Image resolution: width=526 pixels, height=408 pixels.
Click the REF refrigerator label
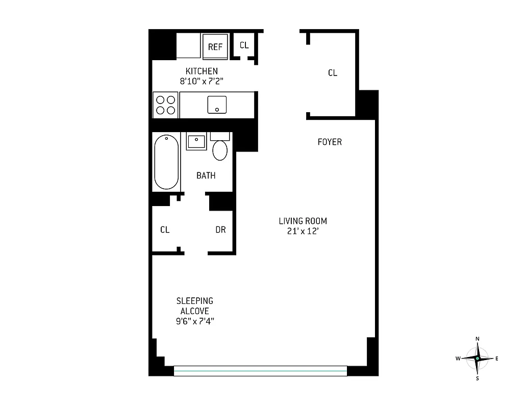click(215, 47)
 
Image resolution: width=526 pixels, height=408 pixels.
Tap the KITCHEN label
click(202, 71)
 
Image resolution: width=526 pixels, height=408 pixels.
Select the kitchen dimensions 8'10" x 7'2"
click(202, 81)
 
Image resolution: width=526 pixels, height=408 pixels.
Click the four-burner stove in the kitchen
click(165, 105)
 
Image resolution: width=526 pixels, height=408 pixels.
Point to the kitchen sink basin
click(217, 105)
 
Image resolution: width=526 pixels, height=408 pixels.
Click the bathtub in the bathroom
click(166, 161)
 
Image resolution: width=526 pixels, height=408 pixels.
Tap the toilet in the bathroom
click(220, 149)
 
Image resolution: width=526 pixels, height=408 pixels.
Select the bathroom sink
click(196, 141)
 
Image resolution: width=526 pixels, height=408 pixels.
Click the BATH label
click(206, 175)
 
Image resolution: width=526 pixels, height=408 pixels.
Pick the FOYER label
click(330, 142)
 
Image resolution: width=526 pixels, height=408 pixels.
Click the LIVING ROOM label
click(303, 221)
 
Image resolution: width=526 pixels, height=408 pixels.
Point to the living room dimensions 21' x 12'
click(303, 231)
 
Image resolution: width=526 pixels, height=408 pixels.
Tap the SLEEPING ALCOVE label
click(195, 306)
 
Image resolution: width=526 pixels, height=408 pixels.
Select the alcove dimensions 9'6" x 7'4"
click(195, 321)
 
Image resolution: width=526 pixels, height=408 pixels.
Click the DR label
click(220, 230)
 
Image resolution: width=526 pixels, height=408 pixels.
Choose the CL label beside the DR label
click(165, 230)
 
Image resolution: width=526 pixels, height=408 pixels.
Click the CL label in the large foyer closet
click(333, 73)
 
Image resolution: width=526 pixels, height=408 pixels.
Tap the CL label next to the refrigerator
click(244, 45)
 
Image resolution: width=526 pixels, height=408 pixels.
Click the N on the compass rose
click(478, 339)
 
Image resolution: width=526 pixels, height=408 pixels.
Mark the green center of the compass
click(478, 359)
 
